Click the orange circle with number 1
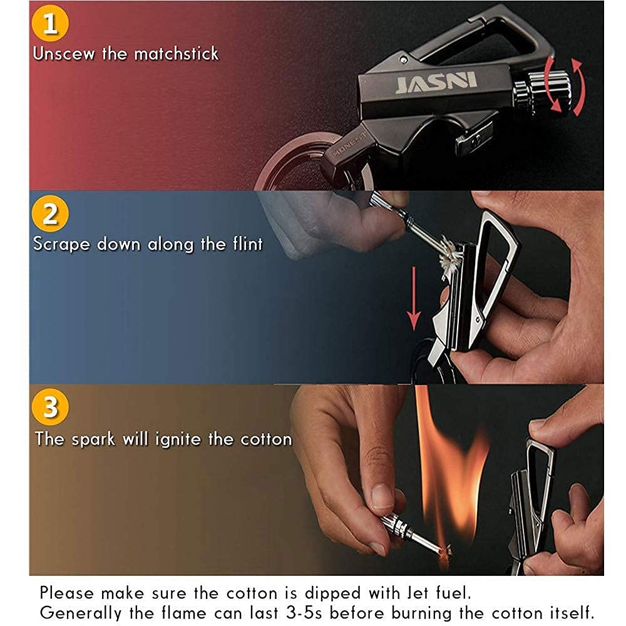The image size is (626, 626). [50, 23]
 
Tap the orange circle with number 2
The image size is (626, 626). [50, 213]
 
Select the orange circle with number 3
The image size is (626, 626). [50, 407]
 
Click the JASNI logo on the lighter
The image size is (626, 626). [436, 83]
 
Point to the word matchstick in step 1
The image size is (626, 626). [177, 53]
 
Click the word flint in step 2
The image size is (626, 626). [247, 244]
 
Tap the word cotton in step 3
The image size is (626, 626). [266, 439]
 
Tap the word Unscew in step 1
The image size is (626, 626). [64, 53]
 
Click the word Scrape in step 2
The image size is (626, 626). [61, 244]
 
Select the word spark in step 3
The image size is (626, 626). [93, 440]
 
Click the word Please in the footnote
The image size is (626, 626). [67, 593]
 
